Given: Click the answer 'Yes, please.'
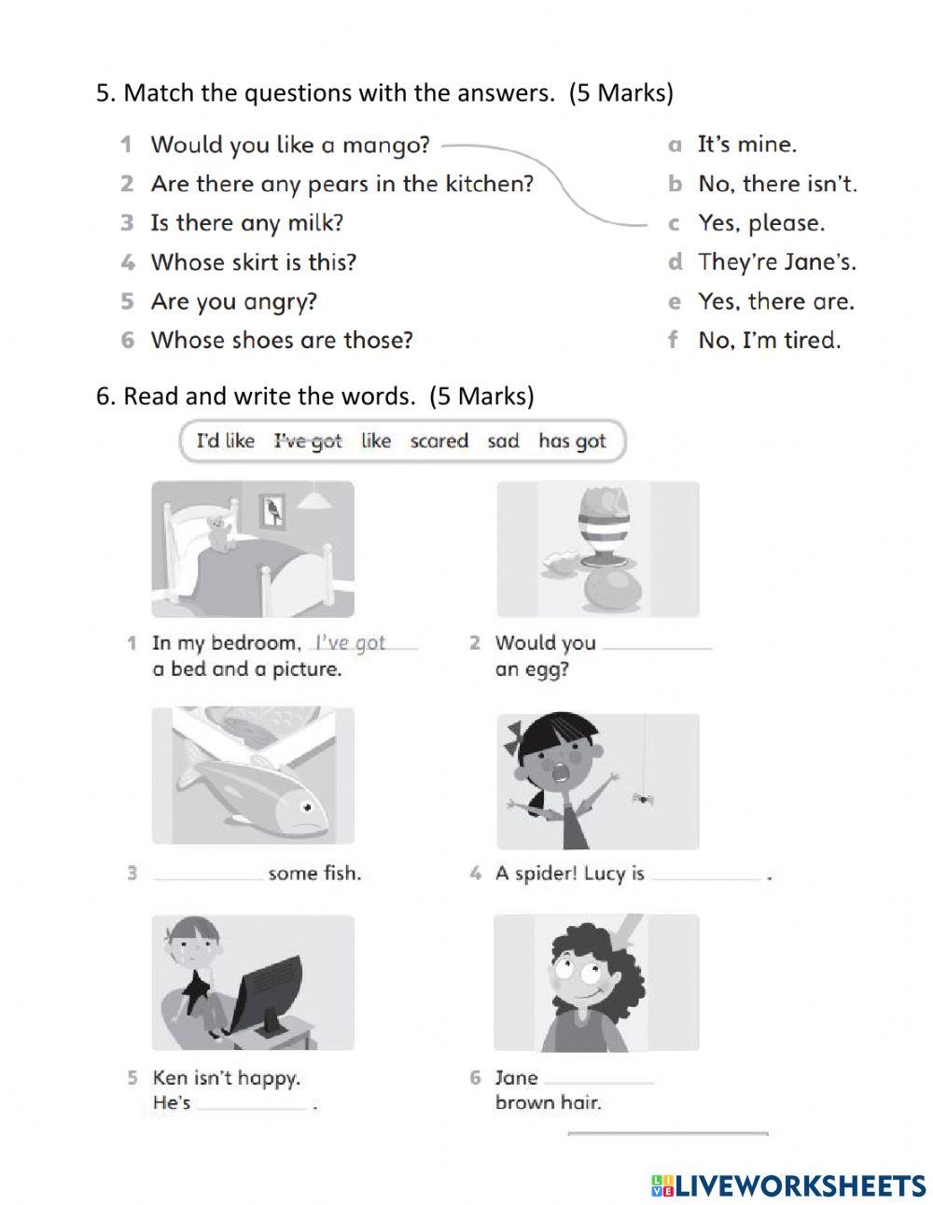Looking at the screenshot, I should click(x=761, y=224).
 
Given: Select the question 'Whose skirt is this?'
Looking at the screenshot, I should click(x=253, y=262).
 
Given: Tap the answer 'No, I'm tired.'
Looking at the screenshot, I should click(x=769, y=341).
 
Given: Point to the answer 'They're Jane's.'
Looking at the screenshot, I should click(x=776, y=262).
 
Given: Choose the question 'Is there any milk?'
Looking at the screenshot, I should click(x=246, y=223).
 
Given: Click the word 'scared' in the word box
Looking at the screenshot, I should click(x=439, y=441).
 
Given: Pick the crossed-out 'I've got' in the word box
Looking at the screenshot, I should click(x=308, y=441).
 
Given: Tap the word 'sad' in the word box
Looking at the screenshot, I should click(x=503, y=441).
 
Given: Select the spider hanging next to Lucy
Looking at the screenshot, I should click(x=641, y=797).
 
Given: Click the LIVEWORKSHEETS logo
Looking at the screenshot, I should click(x=789, y=1185).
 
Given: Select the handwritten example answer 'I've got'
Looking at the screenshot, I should click(x=351, y=642).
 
